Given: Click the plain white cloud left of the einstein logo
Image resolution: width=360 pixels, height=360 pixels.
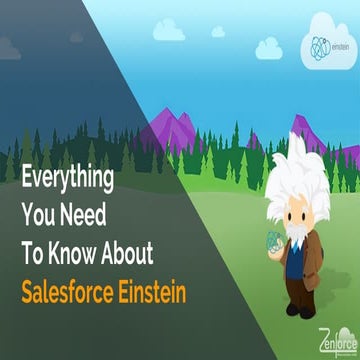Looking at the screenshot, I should [x=268, y=47].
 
